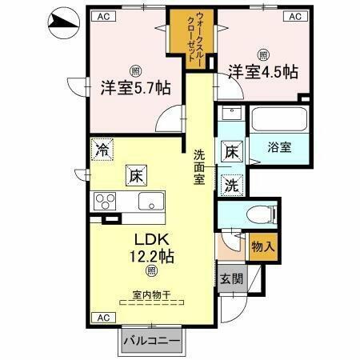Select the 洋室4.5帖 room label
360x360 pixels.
(x=263, y=71)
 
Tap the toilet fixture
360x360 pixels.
(x=262, y=214)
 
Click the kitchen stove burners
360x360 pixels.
(x=106, y=200)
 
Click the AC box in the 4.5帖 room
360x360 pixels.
(x=294, y=16)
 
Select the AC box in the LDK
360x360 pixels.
(x=102, y=318)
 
